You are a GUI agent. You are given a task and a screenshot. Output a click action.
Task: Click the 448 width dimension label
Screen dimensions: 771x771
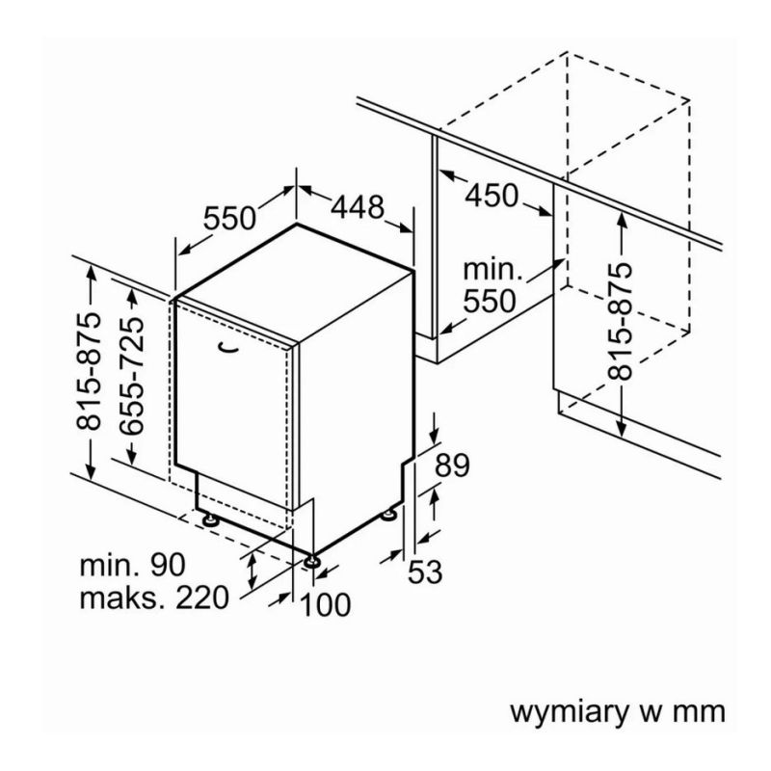pyautogui.click(x=358, y=206)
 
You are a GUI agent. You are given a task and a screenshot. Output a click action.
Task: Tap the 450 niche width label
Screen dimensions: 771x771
pyautogui.click(x=491, y=196)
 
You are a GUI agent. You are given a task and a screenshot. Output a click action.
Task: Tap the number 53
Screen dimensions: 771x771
pyautogui.click(x=424, y=572)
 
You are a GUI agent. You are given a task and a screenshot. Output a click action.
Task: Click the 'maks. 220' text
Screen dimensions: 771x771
pyautogui.click(x=154, y=598)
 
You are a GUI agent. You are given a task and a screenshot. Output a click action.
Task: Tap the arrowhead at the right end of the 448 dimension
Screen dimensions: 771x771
pyautogui.click(x=410, y=227)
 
